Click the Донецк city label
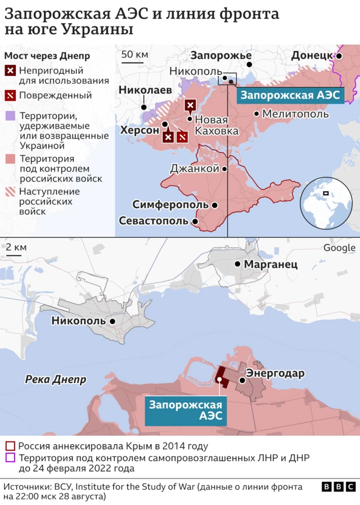312,55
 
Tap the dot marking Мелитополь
256,114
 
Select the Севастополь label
153,221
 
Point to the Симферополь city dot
215,205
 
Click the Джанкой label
194,168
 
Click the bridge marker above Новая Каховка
191,105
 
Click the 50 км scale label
135,54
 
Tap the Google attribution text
339,248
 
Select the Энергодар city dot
242,380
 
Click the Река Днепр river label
56,380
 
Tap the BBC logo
338,487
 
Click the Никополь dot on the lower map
113,321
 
